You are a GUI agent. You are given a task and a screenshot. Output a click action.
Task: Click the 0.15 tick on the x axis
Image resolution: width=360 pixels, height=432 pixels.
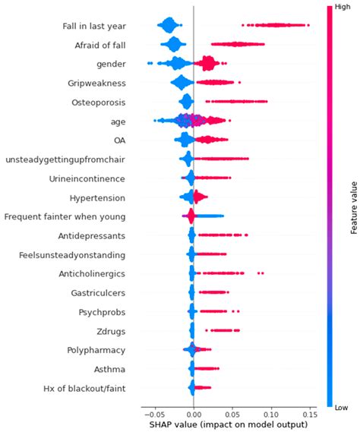(311, 415)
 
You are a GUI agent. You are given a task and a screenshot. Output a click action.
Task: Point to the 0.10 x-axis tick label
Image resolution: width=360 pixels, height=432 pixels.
(272, 415)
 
